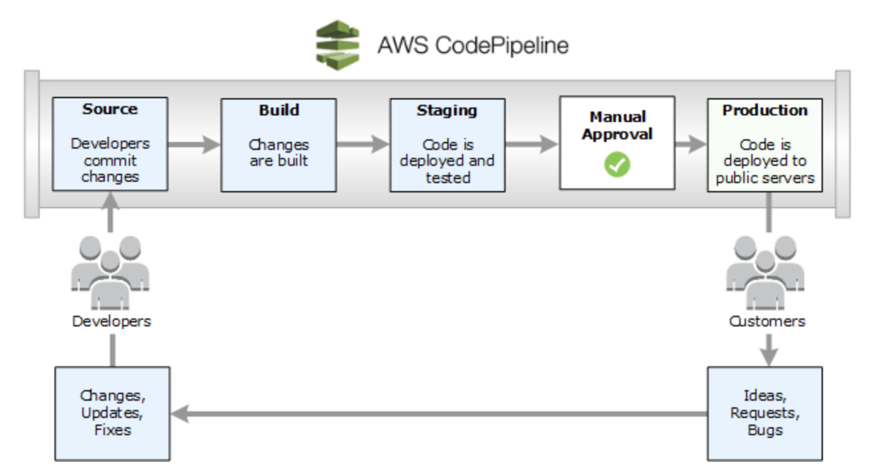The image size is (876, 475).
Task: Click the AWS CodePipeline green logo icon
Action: click(337, 45)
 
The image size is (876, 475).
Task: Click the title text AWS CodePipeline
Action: click(473, 46)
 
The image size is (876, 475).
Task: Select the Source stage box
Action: click(110, 145)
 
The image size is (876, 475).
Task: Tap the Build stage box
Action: click(279, 145)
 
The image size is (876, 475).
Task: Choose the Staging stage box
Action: click(447, 145)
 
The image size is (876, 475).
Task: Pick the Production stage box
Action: click(765, 145)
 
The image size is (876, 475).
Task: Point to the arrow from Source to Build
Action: click(194, 145)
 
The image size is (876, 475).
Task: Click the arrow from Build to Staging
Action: click(363, 145)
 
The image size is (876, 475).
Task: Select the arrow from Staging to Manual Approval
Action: click(532, 145)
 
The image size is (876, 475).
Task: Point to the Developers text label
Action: click(111, 321)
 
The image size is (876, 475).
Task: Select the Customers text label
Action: click(767, 321)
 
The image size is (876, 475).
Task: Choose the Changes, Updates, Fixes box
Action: click(111, 413)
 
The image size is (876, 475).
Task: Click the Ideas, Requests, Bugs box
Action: click(765, 413)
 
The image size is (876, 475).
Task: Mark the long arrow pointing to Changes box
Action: click(438, 414)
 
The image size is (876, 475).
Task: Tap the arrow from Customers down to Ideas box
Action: click(767, 349)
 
